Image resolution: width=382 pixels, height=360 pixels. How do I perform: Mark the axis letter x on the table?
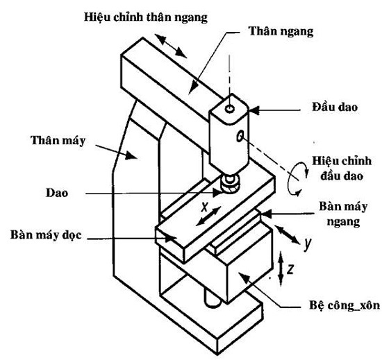pyautogui.click(x=204, y=207)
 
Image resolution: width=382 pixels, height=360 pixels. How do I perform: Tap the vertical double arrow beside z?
pyautogui.click(x=280, y=266)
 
